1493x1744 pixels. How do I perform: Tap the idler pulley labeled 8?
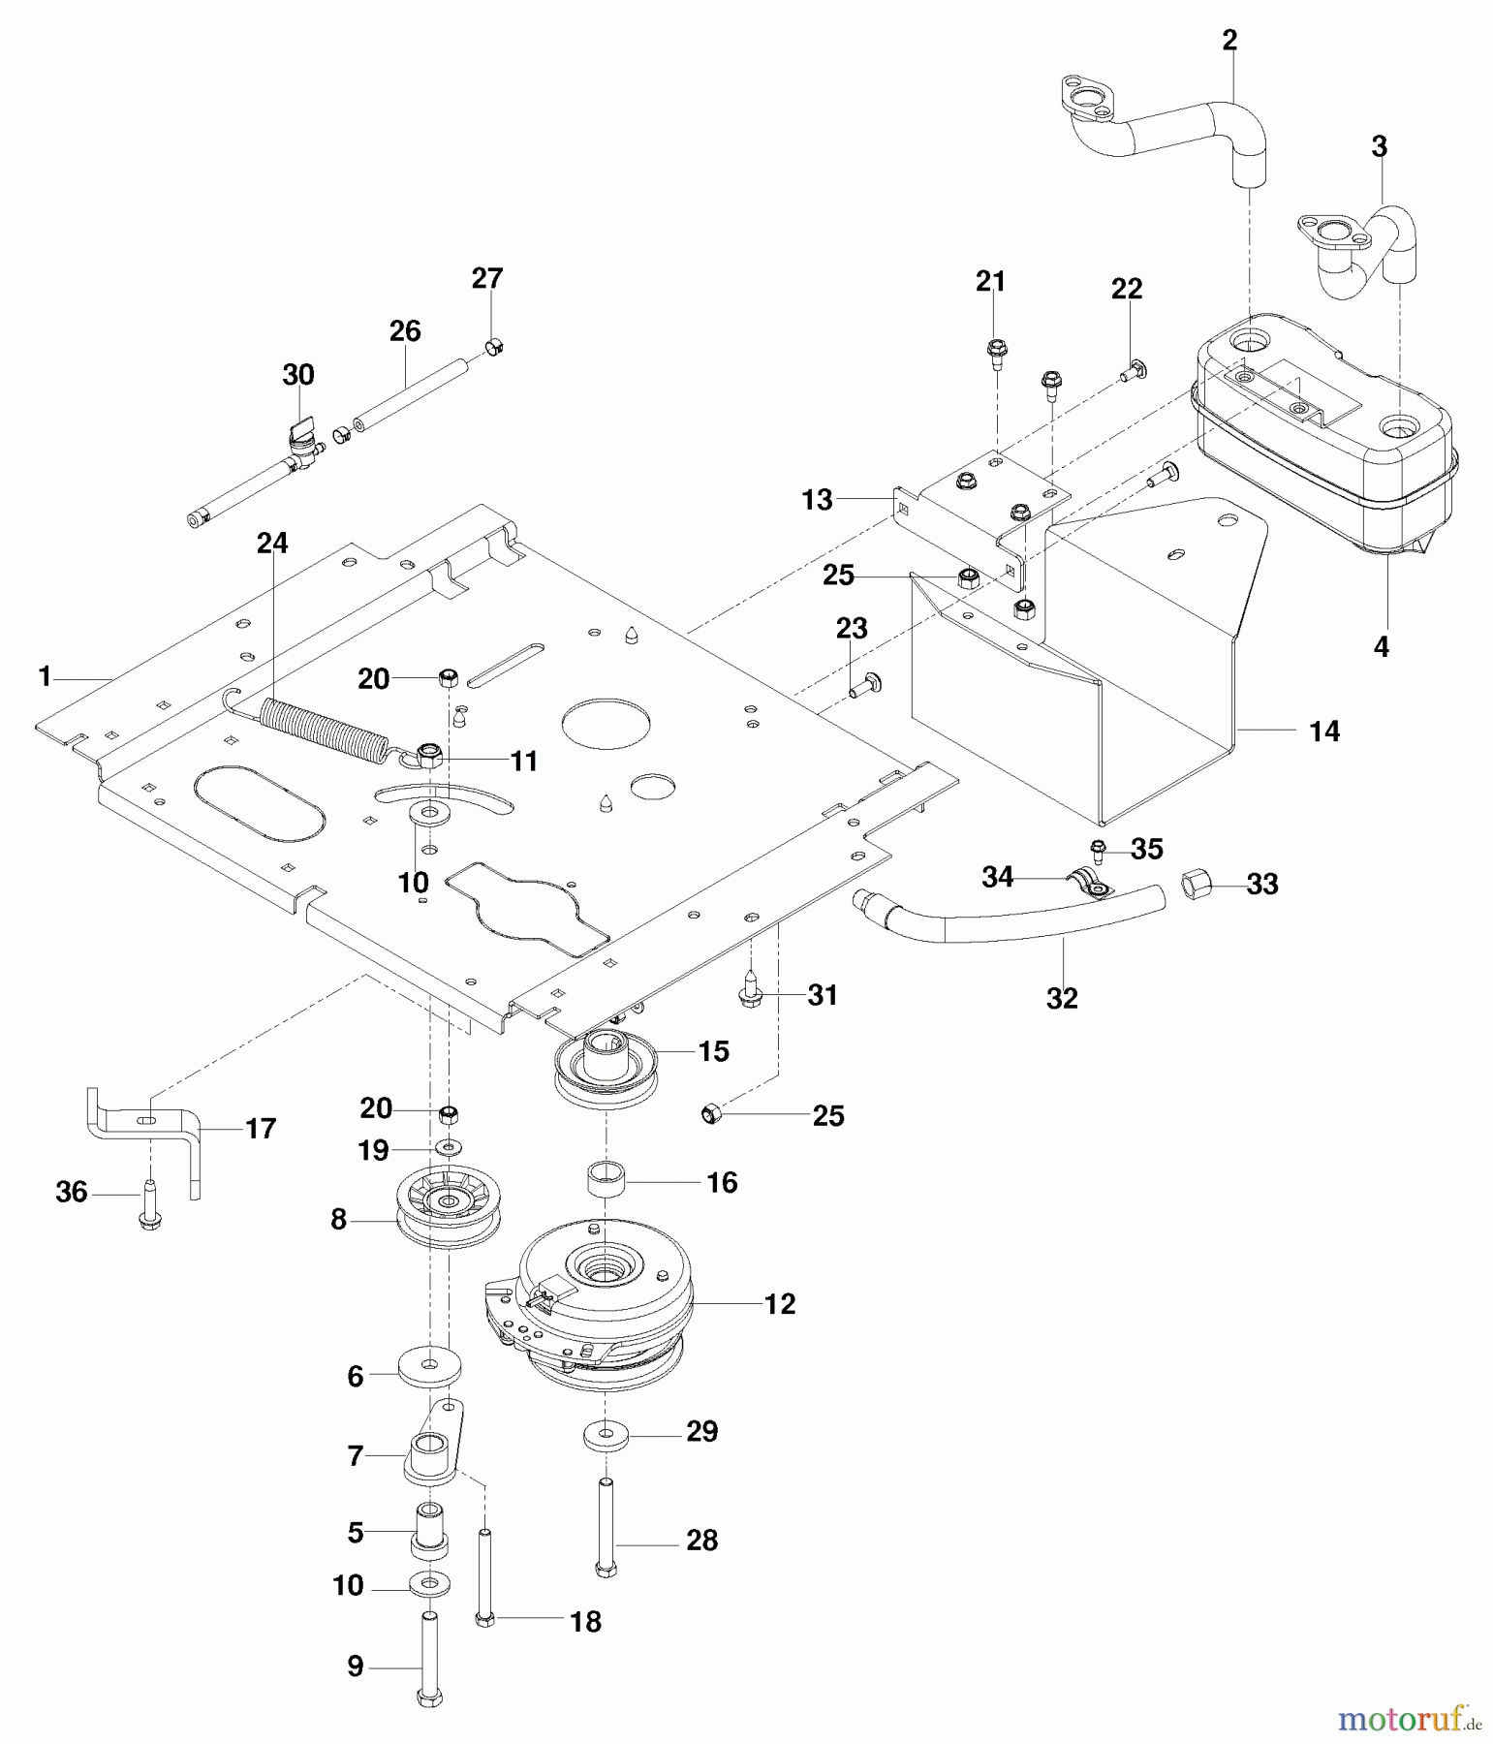coord(449,1206)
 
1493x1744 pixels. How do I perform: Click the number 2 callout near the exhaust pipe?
coord(1229,41)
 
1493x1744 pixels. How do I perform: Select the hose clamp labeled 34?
coord(1092,880)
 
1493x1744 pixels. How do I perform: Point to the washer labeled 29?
coord(606,1433)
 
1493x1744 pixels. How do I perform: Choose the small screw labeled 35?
coord(1098,851)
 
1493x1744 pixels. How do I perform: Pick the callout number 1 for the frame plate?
coord(45,676)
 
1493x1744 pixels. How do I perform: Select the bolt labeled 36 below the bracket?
coord(149,1202)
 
